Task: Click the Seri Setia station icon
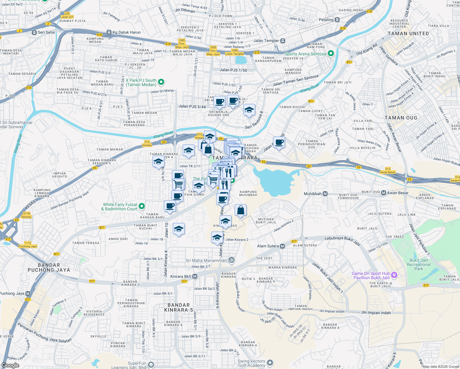(34, 32)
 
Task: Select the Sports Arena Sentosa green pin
(331, 54)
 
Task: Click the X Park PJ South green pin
(161, 82)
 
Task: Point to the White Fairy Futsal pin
(142, 206)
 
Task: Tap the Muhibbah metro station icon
(325, 194)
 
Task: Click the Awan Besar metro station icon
(383, 193)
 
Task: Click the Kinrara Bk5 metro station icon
(195, 276)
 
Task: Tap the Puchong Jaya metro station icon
(28, 293)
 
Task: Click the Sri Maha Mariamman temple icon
(232, 260)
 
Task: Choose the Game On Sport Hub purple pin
(395, 275)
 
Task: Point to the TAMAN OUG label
(401, 118)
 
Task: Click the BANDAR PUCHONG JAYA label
(49, 268)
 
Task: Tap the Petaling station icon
(337, 20)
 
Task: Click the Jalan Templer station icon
(283, 41)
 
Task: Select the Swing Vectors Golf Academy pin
(270, 363)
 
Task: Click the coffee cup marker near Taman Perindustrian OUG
(279, 142)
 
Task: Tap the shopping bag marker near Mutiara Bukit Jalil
(241, 210)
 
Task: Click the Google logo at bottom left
(10, 365)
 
